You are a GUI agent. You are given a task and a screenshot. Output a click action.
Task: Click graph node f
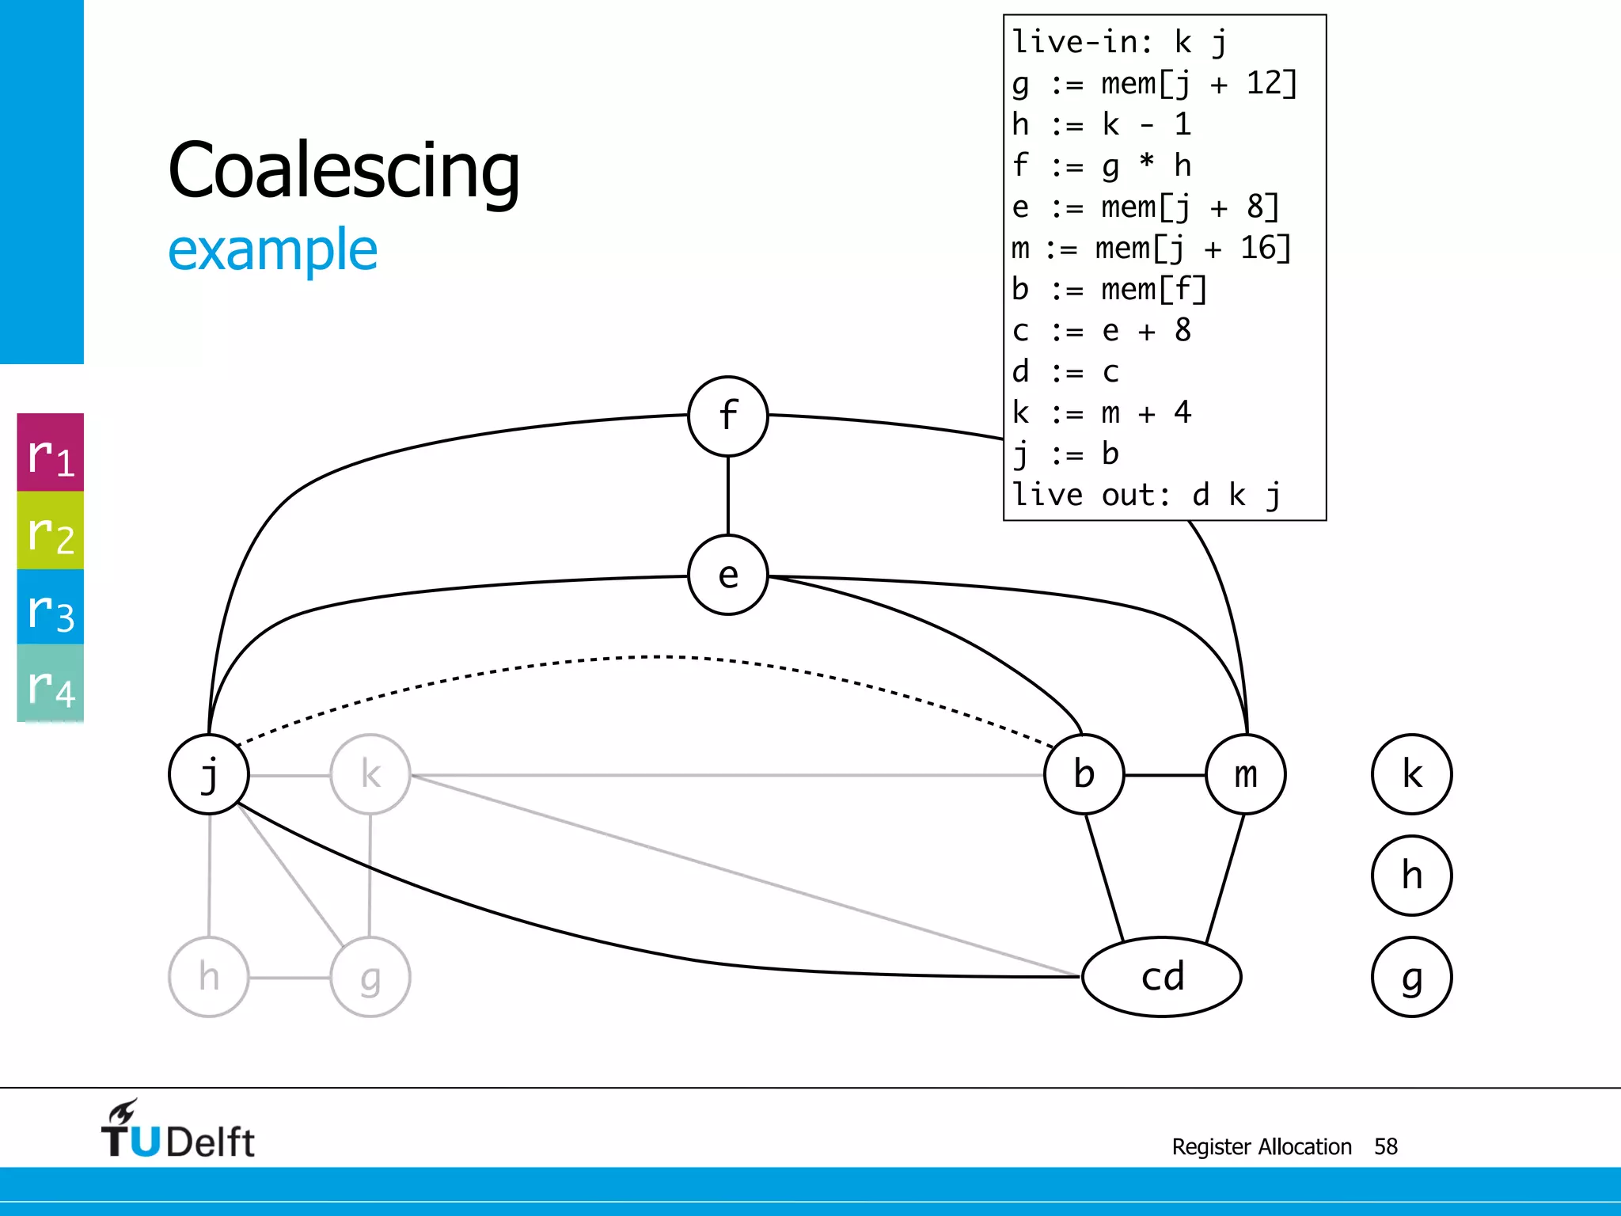pos(727,416)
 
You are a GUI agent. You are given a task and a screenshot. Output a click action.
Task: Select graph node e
pos(727,575)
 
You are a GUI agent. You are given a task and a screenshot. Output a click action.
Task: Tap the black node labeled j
pos(209,774)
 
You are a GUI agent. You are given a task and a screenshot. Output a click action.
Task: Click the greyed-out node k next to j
pos(370,774)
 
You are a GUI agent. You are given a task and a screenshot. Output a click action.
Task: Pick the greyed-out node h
pos(209,977)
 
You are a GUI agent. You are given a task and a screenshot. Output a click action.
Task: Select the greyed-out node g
pos(370,977)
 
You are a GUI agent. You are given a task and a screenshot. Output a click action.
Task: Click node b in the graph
pos(1084,774)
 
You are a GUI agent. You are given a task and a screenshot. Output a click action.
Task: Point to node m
pos(1245,774)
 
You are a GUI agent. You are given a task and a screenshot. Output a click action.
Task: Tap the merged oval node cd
pos(1161,977)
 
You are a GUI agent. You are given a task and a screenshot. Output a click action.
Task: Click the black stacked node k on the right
pos(1411,774)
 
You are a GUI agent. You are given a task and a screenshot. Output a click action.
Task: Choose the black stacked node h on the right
pos(1411,876)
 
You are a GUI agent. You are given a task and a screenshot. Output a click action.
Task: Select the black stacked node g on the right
pos(1411,977)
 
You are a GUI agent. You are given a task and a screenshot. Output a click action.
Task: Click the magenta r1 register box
pos(51,453)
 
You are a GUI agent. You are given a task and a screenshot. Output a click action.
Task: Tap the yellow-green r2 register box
pos(51,530)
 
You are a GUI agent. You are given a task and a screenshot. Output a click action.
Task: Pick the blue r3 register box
pos(51,607)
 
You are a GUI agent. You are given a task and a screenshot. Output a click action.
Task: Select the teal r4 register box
pos(51,683)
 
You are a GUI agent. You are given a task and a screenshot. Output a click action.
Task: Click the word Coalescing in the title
pos(344,170)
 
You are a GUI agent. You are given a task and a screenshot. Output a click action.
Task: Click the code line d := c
pos(1065,371)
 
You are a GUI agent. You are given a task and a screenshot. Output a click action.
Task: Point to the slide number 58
pos(1385,1146)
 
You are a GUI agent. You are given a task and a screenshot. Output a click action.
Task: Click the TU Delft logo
pos(177,1130)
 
